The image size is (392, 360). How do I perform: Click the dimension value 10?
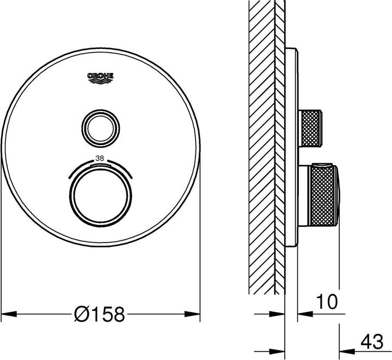(325, 300)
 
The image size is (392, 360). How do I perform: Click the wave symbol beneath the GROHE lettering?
(101, 82)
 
